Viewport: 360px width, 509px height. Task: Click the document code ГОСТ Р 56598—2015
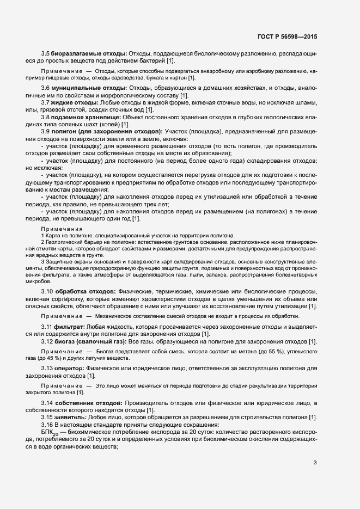tap(286, 36)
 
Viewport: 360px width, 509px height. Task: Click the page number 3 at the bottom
tap(315, 463)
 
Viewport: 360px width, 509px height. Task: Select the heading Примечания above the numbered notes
tap(62, 229)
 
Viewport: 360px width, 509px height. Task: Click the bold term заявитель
tap(70, 417)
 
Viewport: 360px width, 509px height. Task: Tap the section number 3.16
tap(46, 424)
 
